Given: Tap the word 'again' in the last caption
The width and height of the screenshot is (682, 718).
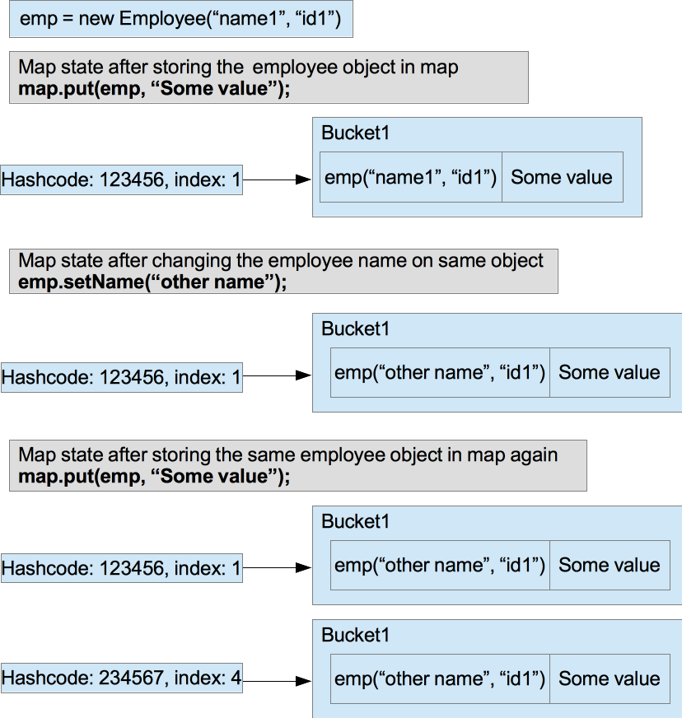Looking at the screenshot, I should [x=532, y=455].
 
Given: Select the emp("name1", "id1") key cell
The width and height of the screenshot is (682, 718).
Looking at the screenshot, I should [x=410, y=177].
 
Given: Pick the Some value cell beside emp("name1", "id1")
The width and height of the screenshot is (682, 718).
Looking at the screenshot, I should [x=562, y=177].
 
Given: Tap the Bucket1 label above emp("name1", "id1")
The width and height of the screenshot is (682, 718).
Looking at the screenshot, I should [x=355, y=133].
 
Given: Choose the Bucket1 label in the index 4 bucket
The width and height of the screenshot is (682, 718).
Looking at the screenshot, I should [x=355, y=636].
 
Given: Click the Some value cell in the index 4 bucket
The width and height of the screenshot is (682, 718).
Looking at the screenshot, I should [x=610, y=679].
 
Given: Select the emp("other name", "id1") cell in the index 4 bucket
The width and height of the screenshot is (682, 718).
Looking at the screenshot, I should [x=440, y=679].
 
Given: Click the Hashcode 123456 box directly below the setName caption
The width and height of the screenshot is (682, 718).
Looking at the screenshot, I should [x=121, y=377].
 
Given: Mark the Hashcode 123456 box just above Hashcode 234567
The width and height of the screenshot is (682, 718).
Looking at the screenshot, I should [x=121, y=567].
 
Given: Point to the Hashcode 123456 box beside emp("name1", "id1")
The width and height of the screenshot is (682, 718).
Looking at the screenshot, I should [x=121, y=179].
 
